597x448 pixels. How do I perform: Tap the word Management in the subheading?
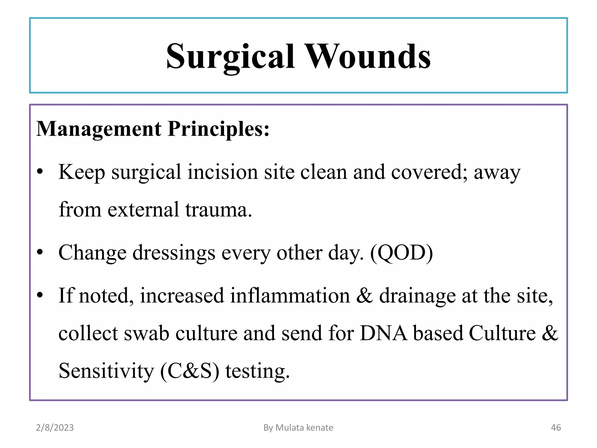(x=99, y=129)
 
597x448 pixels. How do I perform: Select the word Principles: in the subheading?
(x=219, y=129)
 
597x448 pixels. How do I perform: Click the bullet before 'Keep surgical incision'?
(x=40, y=172)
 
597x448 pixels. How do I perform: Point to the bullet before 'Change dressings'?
(x=40, y=252)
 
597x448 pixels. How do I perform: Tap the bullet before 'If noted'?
(x=40, y=295)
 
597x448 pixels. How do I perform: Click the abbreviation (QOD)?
(x=401, y=253)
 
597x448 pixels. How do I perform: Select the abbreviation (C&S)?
(x=190, y=371)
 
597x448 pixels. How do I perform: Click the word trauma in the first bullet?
(x=218, y=209)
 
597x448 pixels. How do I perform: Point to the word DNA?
(x=383, y=333)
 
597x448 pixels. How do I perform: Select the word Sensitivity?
(x=106, y=371)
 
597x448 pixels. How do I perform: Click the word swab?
(x=147, y=333)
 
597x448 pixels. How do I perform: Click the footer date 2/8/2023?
(x=55, y=428)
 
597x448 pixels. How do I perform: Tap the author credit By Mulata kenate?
(x=298, y=428)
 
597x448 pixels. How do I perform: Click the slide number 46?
(x=556, y=428)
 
